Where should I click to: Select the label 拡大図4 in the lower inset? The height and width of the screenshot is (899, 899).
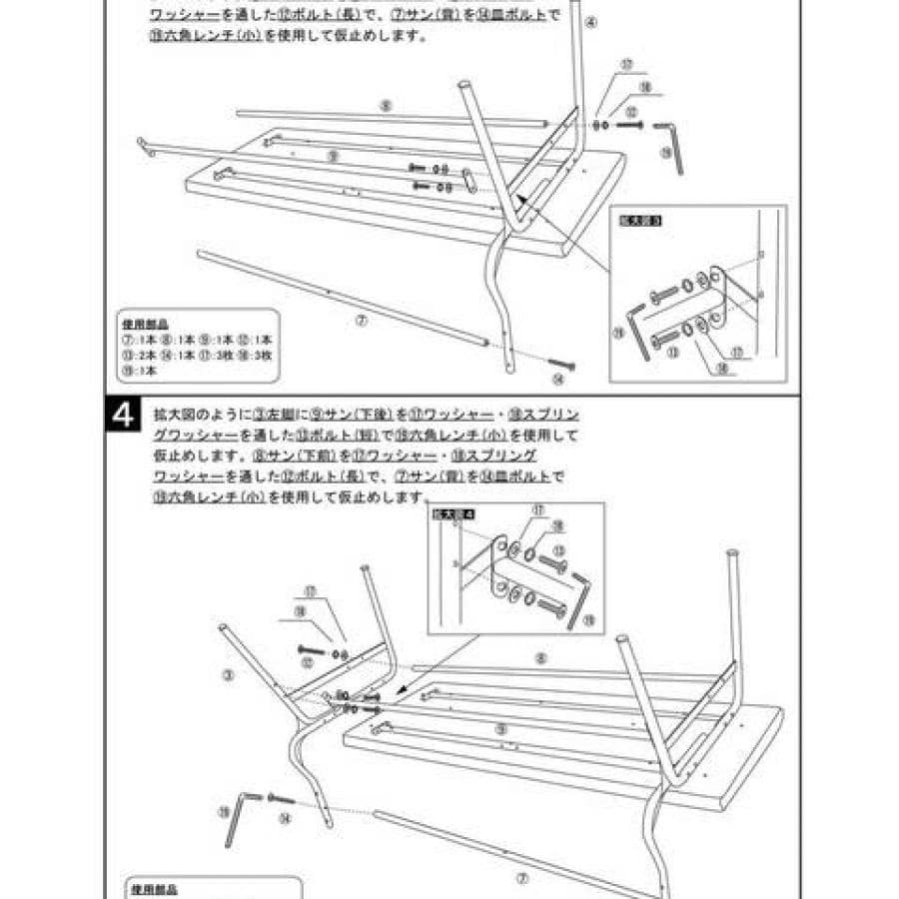(x=452, y=513)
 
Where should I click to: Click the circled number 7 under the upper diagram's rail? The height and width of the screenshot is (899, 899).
(x=362, y=322)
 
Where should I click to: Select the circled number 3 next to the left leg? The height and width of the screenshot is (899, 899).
(x=228, y=675)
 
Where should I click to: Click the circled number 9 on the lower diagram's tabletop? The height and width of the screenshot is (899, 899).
(x=500, y=730)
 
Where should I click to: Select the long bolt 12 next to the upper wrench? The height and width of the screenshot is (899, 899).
(x=629, y=125)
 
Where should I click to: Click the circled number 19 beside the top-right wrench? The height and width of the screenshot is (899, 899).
(x=665, y=153)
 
